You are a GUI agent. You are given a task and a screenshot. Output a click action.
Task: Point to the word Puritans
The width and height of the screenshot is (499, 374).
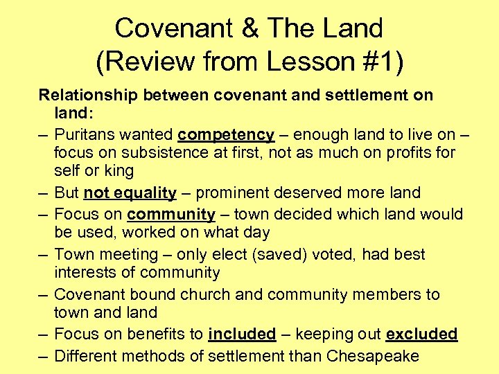pyautogui.click(x=87, y=134)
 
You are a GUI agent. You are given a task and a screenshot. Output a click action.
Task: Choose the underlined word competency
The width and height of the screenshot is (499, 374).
pyautogui.click(x=226, y=134)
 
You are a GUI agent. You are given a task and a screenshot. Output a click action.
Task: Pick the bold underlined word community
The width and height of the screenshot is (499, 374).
pyautogui.click(x=171, y=214)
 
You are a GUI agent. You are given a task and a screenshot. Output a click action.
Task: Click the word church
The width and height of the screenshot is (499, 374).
pyautogui.click(x=206, y=294)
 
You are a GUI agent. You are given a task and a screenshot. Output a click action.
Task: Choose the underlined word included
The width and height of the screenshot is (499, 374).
pyautogui.click(x=242, y=335)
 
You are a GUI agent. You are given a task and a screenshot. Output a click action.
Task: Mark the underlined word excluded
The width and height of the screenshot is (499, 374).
pyautogui.click(x=421, y=335)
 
